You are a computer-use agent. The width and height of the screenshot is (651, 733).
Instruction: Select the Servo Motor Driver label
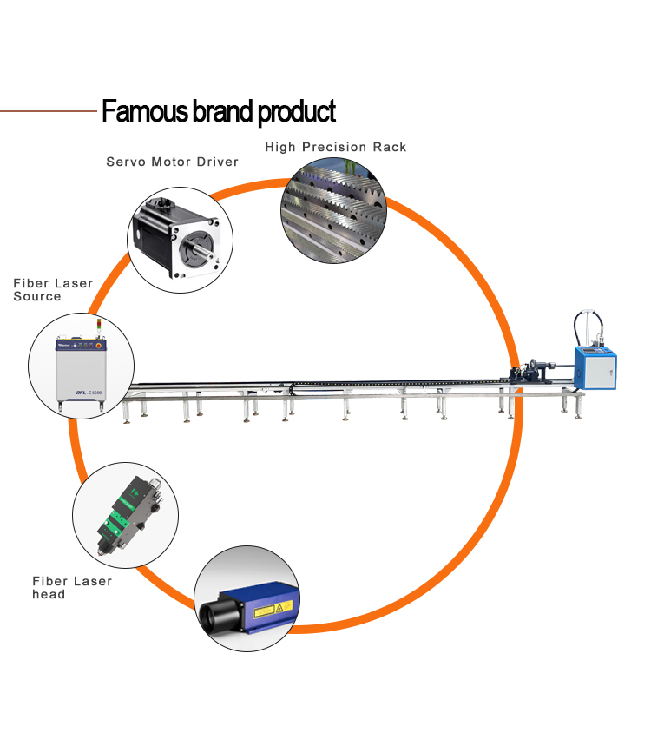point(172,162)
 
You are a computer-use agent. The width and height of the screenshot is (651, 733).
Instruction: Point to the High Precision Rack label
point(335,147)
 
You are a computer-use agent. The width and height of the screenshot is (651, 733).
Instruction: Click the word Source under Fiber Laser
point(37,296)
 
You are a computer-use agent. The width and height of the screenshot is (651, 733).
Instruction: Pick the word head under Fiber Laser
point(49,594)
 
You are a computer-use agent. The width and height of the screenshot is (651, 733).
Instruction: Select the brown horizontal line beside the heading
point(48,112)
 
